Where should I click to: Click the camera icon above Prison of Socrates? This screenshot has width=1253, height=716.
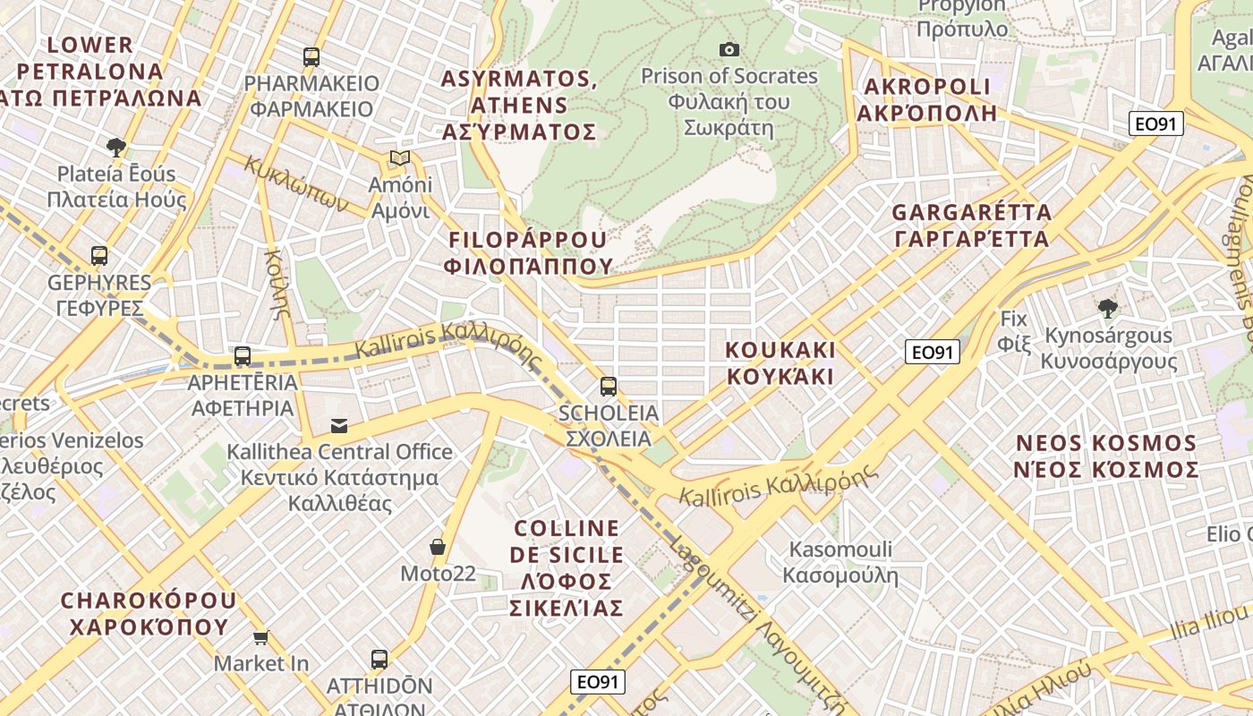729,49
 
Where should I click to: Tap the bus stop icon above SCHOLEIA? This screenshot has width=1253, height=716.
609,387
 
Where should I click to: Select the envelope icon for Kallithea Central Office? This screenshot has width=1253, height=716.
339,425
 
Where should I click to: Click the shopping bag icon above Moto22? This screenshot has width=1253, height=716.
438,546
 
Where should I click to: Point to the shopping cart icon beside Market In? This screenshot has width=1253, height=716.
260,637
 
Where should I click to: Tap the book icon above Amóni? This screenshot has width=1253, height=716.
399,158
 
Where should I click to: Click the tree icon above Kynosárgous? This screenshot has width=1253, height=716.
1108,309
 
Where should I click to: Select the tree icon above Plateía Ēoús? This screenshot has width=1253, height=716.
115,147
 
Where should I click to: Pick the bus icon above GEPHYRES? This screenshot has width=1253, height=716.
99,256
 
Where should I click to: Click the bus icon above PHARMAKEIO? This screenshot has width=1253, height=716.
311,57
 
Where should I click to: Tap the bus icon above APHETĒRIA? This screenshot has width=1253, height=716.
243,356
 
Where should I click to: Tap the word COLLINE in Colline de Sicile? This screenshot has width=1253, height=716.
567,528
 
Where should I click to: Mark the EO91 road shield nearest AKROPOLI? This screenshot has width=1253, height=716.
1155,124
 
